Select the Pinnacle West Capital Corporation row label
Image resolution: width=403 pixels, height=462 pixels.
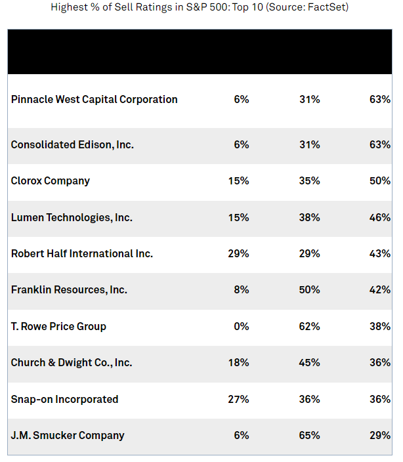(x=95, y=100)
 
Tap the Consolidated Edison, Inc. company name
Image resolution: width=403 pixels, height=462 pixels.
(x=72, y=144)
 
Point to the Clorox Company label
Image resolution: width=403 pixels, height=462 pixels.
(x=51, y=180)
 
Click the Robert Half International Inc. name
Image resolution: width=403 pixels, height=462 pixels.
(x=82, y=253)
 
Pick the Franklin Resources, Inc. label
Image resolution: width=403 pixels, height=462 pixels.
(x=69, y=289)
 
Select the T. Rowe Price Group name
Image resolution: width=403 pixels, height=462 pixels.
(x=58, y=326)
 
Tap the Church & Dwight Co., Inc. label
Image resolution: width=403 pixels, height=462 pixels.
(x=72, y=362)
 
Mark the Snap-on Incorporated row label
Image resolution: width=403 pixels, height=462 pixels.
(x=65, y=399)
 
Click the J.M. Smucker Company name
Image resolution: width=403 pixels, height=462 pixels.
(x=68, y=435)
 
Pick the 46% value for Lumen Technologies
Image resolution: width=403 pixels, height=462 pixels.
(x=380, y=217)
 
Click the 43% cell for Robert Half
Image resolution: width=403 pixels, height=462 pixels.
(x=380, y=253)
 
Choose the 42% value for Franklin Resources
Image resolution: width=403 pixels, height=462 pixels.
(x=380, y=289)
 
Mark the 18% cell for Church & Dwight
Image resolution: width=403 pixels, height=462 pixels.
(x=238, y=362)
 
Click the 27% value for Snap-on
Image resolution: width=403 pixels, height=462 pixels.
(x=238, y=399)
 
